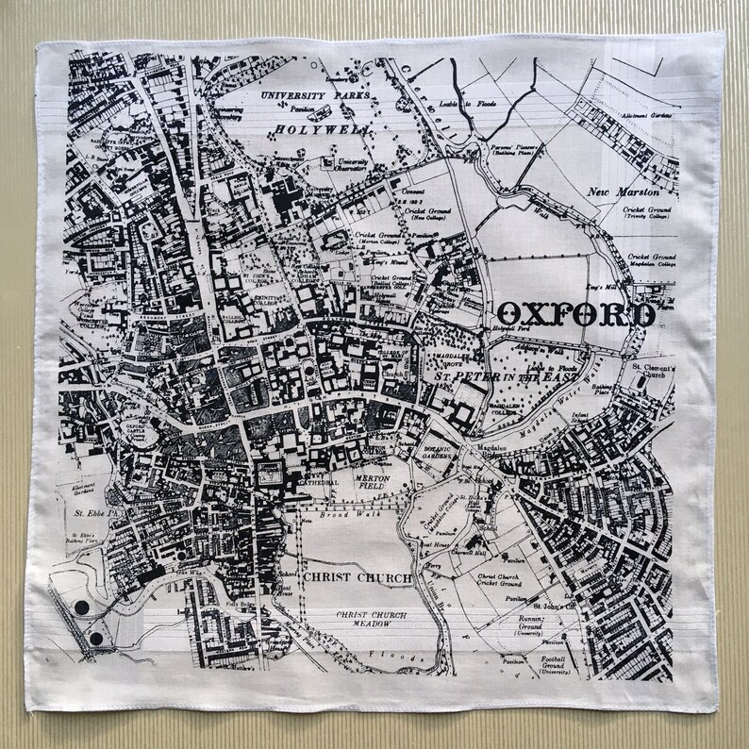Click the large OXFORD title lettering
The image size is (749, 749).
point(577,313)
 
